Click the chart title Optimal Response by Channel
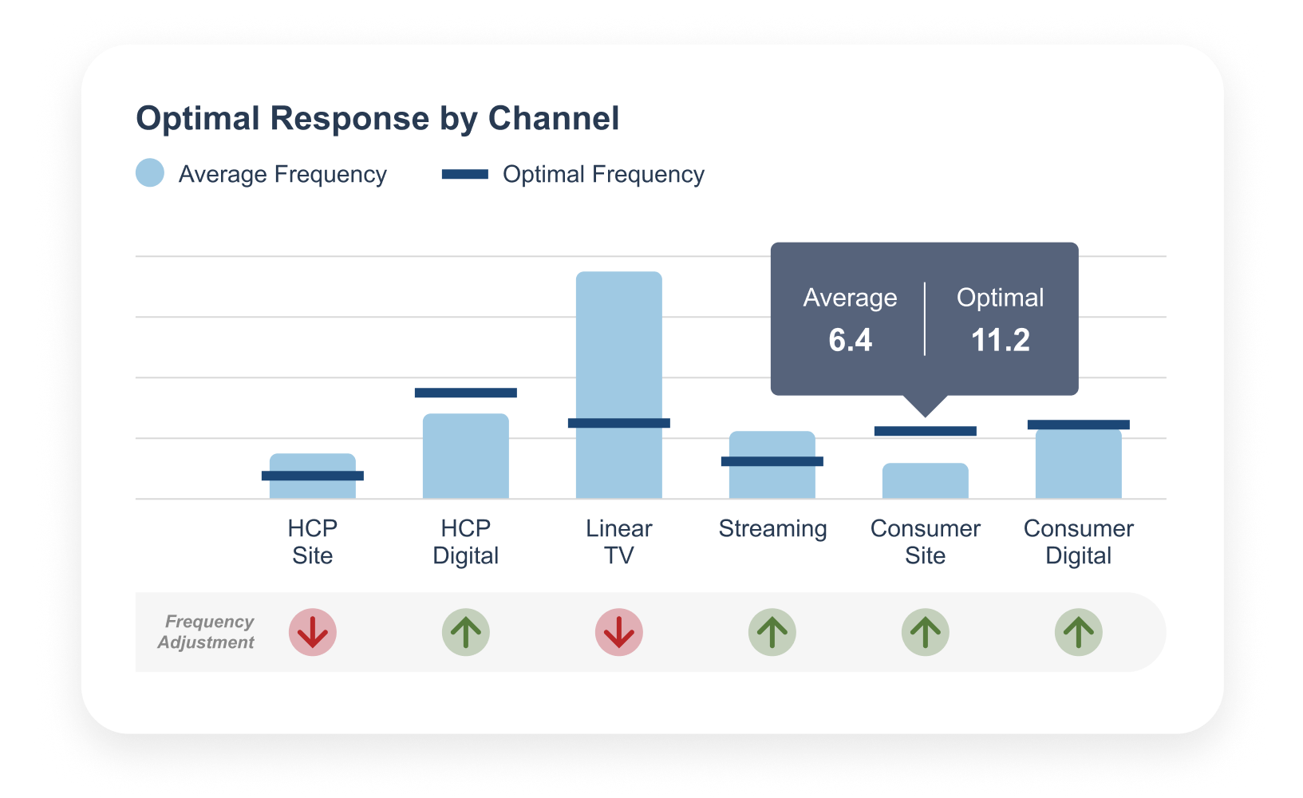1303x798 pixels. [377, 118]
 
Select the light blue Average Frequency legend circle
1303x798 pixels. [150, 173]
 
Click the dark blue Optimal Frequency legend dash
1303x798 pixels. [464, 174]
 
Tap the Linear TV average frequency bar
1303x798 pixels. [618, 343]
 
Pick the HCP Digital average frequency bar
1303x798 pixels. [465, 456]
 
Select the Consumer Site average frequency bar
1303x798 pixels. [925, 481]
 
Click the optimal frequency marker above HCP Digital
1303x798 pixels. [465, 393]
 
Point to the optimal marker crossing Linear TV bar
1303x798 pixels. [618, 423]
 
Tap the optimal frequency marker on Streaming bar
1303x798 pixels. [772, 461]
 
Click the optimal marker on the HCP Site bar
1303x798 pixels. [312, 476]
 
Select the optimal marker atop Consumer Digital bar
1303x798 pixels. [1078, 425]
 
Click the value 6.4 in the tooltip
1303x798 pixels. [850, 340]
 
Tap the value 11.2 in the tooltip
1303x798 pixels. [1000, 340]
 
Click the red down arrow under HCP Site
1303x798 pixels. [312, 632]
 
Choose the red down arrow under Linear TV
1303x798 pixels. [618, 632]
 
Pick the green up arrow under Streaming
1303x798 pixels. [772, 632]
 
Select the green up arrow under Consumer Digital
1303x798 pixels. [1078, 632]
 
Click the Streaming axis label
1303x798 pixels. [772, 528]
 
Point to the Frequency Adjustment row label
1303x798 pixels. [207, 632]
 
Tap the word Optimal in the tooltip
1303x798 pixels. [1000, 298]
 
